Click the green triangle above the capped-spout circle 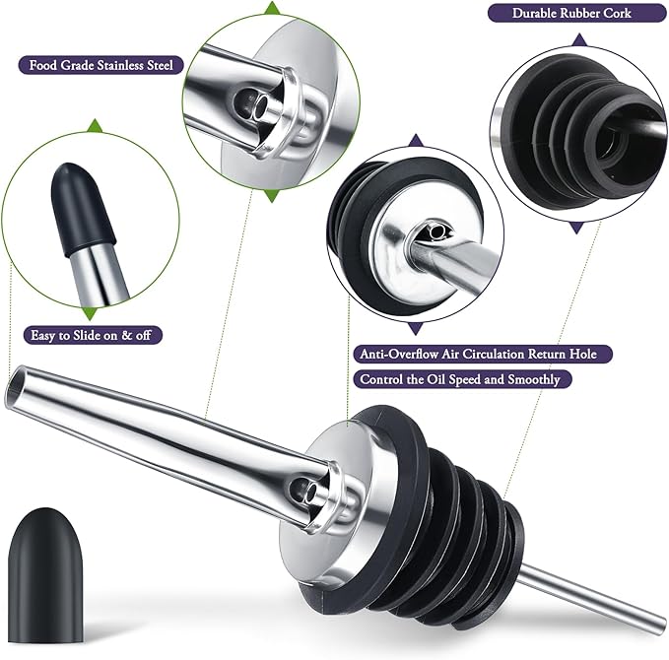point(94,126)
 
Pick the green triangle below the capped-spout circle point(94,307)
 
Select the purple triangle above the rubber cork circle point(578,41)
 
